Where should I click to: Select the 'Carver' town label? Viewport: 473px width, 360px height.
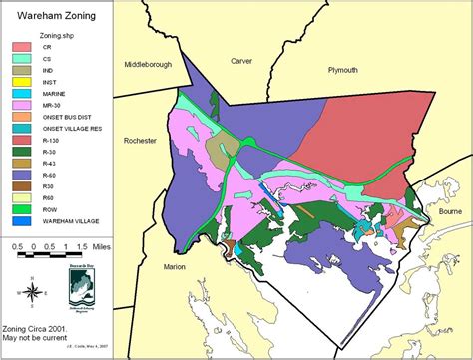coord(241,61)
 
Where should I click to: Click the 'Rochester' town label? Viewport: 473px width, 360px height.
coord(138,141)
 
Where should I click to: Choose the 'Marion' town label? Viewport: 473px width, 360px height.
coord(177,267)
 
